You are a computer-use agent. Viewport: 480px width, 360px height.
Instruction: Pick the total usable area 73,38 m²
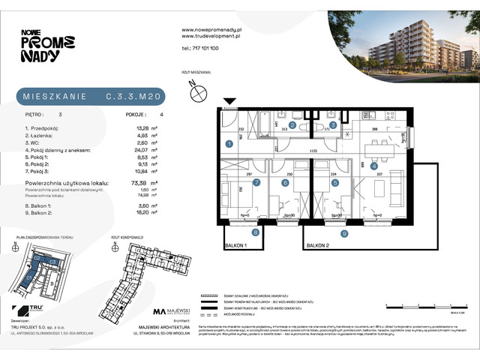143,181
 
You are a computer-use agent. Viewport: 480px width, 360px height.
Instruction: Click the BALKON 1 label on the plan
235,244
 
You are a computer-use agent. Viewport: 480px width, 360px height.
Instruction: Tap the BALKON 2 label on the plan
320,245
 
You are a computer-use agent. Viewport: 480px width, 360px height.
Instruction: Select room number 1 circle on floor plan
229,143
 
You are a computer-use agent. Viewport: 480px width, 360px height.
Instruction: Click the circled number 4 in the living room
373,166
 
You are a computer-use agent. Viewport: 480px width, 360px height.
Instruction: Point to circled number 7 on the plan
256,182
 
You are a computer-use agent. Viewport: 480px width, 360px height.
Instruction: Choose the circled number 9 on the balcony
344,234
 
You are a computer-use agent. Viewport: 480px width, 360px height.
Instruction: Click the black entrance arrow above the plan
229,102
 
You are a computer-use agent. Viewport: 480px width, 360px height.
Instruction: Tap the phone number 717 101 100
200,48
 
